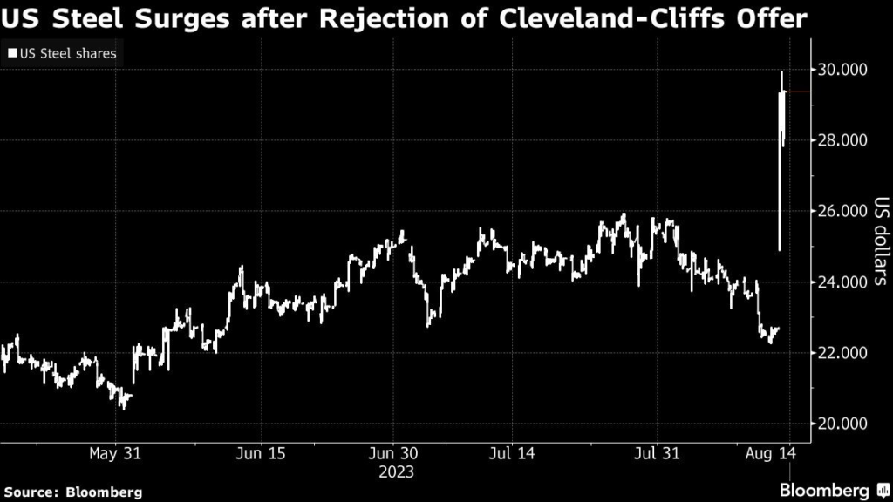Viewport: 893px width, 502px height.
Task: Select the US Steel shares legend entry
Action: click(x=60, y=54)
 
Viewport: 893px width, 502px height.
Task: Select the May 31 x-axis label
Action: click(x=115, y=454)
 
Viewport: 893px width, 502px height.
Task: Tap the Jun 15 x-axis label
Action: click(x=262, y=454)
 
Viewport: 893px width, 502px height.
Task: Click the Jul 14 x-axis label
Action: click(x=511, y=454)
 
